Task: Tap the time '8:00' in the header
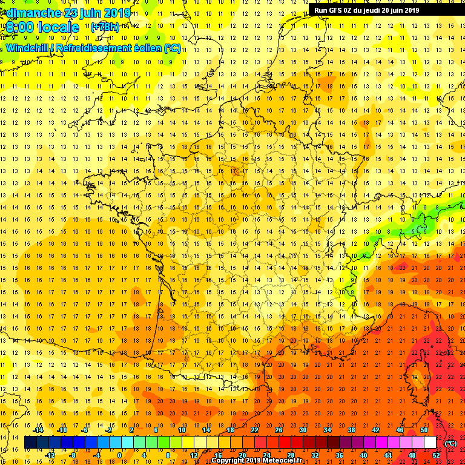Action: point(19,27)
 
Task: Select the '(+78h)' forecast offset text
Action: point(105,27)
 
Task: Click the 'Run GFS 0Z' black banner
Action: point(366,10)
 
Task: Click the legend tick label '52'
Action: point(436,455)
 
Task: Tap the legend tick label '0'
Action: point(119,455)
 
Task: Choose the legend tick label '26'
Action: point(279,430)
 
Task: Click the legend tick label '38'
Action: point(351,430)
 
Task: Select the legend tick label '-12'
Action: point(51,455)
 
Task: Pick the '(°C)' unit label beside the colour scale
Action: point(451,443)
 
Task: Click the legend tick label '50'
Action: point(424,430)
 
